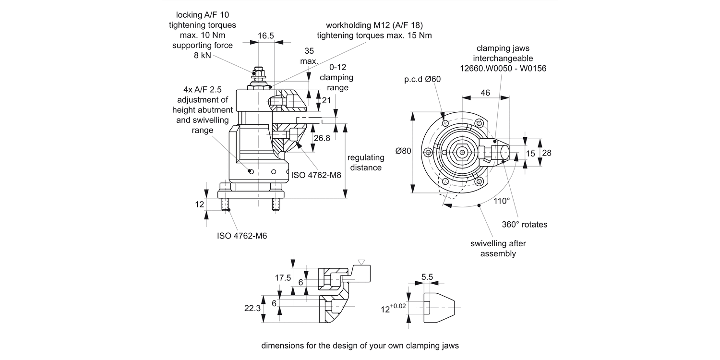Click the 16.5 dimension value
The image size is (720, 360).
pyautogui.click(x=266, y=36)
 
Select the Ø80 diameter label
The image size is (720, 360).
pyautogui.click(x=403, y=151)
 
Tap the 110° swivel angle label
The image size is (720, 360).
pyautogui.click(x=502, y=201)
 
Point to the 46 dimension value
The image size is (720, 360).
pyautogui.click(x=485, y=93)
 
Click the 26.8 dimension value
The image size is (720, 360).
pyautogui.click(x=321, y=138)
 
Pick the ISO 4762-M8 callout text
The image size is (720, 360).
pyautogui.click(x=316, y=175)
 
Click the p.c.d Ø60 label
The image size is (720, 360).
pyautogui.click(x=422, y=79)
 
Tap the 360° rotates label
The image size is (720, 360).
pyautogui.click(x=525, y=224)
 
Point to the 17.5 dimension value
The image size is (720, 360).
pyautogui.click(x=283, y=277)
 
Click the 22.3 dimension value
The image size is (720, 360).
pyautogui.click(x=252, y=308)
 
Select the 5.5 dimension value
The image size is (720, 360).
pyautogui.click(x=427, y=276)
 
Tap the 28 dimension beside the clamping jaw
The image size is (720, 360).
pyautogui.click(x=546, y=153)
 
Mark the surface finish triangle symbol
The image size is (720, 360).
pyautogui.click(x=361, y=262)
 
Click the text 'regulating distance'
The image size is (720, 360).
pyautogui.click(x=366, y=162)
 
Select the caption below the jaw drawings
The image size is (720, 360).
pyautogui.click(x=360, y=345)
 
